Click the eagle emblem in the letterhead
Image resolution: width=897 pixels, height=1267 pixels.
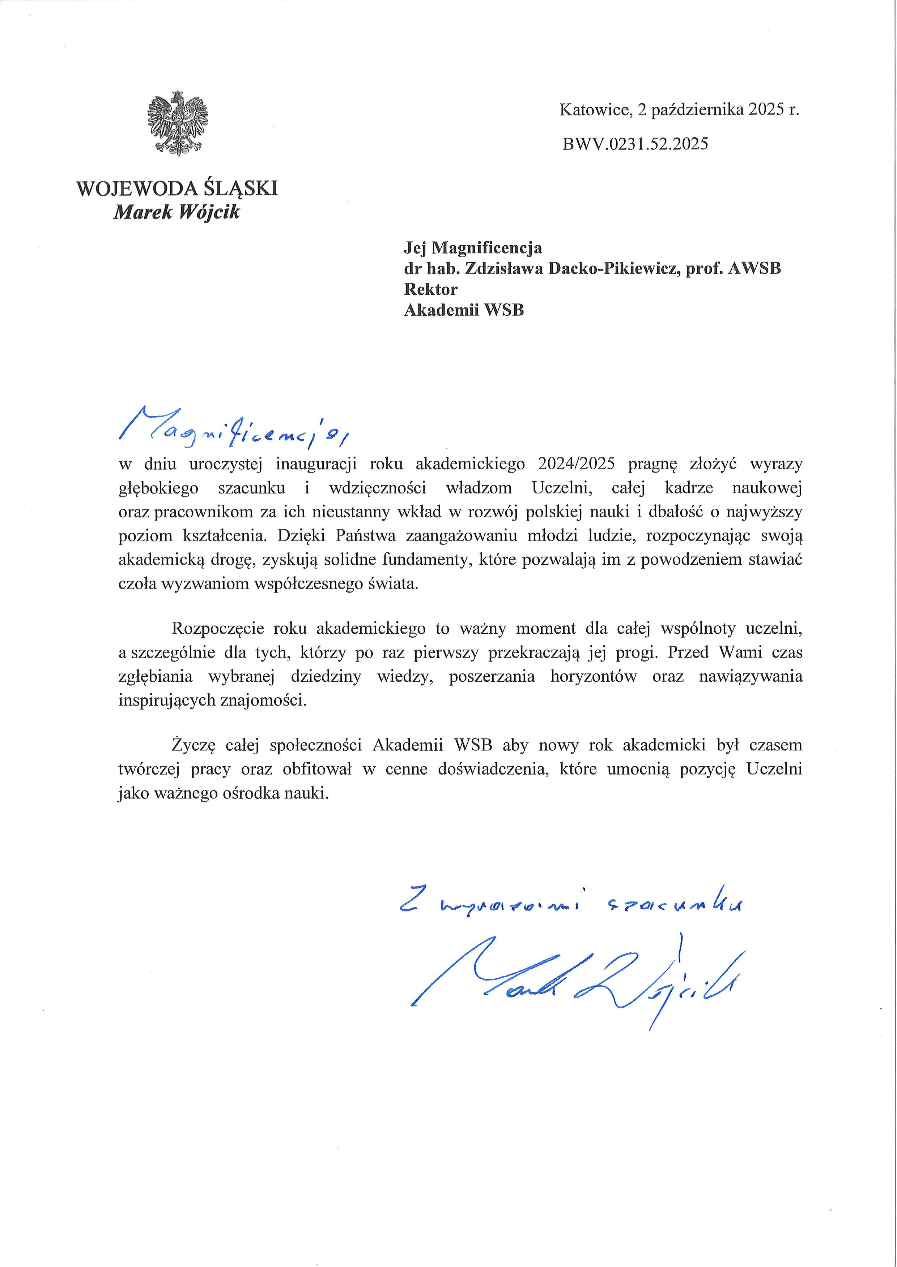(x=178, y=122)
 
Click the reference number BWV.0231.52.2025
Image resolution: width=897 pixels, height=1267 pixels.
(x=635, y=144)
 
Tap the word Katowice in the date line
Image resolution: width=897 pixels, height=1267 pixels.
(x=594, y=110)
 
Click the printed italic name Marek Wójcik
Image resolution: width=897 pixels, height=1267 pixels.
(x=177, y=212)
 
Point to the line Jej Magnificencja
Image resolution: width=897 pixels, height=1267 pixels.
(x=473, y=248)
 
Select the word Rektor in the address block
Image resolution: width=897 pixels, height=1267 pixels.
(x=431, y=289)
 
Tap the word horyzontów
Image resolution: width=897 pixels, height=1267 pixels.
(x=594, y=677)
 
